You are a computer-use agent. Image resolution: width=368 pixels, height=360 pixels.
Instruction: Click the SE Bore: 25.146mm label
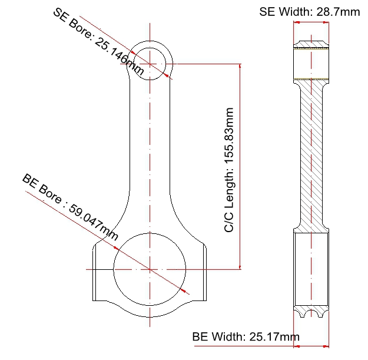98,42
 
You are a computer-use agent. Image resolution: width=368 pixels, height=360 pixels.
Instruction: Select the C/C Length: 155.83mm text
229,170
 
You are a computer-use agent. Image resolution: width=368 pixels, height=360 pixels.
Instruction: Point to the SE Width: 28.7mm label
309,12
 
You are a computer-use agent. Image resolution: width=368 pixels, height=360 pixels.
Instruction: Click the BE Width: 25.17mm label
246,336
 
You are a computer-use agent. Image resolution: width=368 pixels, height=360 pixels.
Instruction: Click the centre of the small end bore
150,64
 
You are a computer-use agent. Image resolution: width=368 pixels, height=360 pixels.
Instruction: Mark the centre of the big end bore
150,269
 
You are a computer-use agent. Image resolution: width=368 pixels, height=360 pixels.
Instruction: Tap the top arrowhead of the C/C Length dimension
240,66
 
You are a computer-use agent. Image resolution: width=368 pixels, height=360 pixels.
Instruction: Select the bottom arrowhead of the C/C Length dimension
240,267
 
